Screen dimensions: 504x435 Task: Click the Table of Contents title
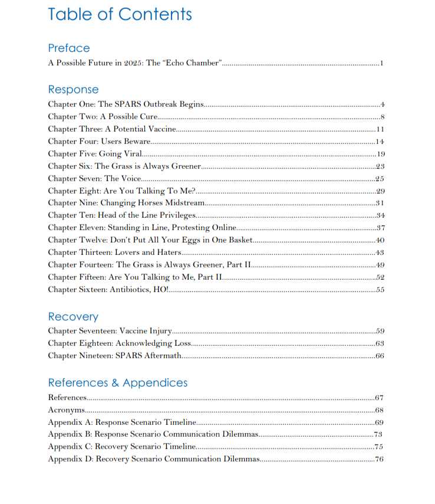120,14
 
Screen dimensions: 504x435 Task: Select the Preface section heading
69,48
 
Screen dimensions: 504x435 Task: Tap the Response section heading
73,90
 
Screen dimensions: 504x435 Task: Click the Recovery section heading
73,316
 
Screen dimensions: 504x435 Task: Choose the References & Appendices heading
117,383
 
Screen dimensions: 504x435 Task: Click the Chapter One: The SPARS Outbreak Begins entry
126,104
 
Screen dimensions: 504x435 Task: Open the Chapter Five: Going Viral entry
94,154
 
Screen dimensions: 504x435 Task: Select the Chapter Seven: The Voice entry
94,178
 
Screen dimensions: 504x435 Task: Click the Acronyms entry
66,410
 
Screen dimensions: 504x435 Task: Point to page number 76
379,459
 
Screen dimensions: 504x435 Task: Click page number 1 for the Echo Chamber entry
382,63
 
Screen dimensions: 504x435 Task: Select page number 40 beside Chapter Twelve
380,240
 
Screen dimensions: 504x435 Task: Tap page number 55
380,290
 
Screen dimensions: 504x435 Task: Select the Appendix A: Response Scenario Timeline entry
121,423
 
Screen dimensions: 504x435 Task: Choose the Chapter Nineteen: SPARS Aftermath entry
114,356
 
